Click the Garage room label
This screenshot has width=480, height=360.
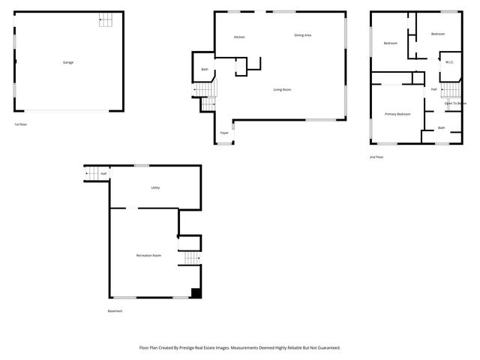67,62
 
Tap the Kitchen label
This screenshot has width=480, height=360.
239,37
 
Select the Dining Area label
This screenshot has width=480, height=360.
302,35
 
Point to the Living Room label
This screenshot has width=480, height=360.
282,90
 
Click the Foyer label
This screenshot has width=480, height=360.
223,133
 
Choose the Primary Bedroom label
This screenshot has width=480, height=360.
397,114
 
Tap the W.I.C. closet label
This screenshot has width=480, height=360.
448,62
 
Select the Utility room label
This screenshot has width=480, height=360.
155,187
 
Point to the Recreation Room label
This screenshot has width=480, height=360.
148,256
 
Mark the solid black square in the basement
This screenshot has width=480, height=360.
196,293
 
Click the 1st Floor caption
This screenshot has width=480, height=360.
21,124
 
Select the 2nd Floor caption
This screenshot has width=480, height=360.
376,157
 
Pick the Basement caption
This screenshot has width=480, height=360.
115,311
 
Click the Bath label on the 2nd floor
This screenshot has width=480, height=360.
441,128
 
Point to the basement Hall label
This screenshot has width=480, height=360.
103,174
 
